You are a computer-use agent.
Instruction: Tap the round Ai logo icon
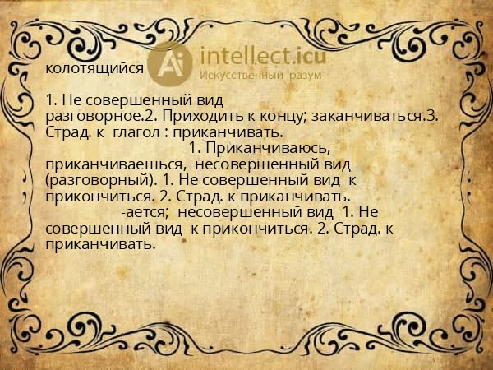click(x=171, y=63)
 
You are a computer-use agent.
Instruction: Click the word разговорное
click(x=90, y=117)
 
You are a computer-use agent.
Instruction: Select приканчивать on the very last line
click(x=100, y=243)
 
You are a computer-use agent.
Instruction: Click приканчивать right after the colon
click(x=242, y=132)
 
